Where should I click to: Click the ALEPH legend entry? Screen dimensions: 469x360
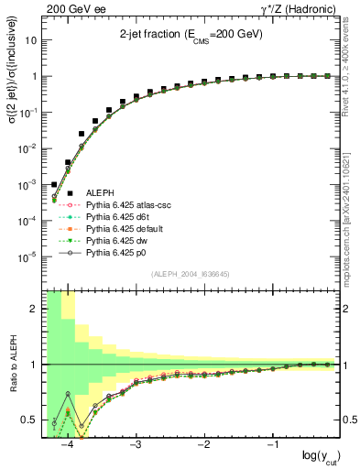click(x=99, y=193)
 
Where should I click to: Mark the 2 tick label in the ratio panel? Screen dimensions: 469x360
click(x=37, y=309)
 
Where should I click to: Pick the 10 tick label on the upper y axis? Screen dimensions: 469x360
click(x=33, y=41)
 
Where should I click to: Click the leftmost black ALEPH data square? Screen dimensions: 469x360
click(x=54, y=184)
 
